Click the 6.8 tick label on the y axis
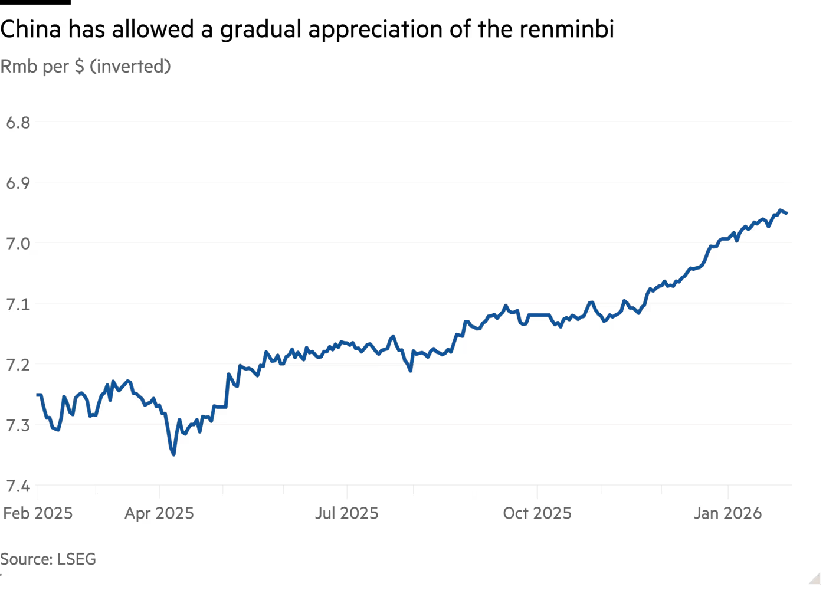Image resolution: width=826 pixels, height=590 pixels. point(18,123)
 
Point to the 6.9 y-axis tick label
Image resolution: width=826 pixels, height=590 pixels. point(18,183)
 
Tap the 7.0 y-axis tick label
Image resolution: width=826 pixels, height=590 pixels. point(18,244)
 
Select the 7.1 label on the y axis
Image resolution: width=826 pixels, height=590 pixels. point(18,304)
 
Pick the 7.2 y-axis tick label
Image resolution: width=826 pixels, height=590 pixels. point(18,365)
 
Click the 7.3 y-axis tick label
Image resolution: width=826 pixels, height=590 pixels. point(18,425)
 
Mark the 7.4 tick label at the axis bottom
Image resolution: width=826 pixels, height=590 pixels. point(18,486)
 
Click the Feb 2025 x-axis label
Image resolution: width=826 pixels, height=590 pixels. point(38,513)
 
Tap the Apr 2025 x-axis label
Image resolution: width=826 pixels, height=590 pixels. point(159,513)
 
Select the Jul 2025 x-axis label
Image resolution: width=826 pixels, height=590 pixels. point(346,513)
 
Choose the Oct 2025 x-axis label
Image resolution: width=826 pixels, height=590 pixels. point(537,513)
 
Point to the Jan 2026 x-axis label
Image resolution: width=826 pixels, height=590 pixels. point(727,513)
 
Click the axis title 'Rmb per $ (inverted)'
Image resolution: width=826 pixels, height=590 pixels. point(85,66)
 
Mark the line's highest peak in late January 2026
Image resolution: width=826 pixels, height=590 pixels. point(781,210)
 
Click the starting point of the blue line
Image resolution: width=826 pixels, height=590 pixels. point(37,394)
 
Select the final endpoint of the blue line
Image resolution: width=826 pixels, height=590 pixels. point(788,214)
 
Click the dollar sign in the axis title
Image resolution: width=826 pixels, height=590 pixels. point(79,66)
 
